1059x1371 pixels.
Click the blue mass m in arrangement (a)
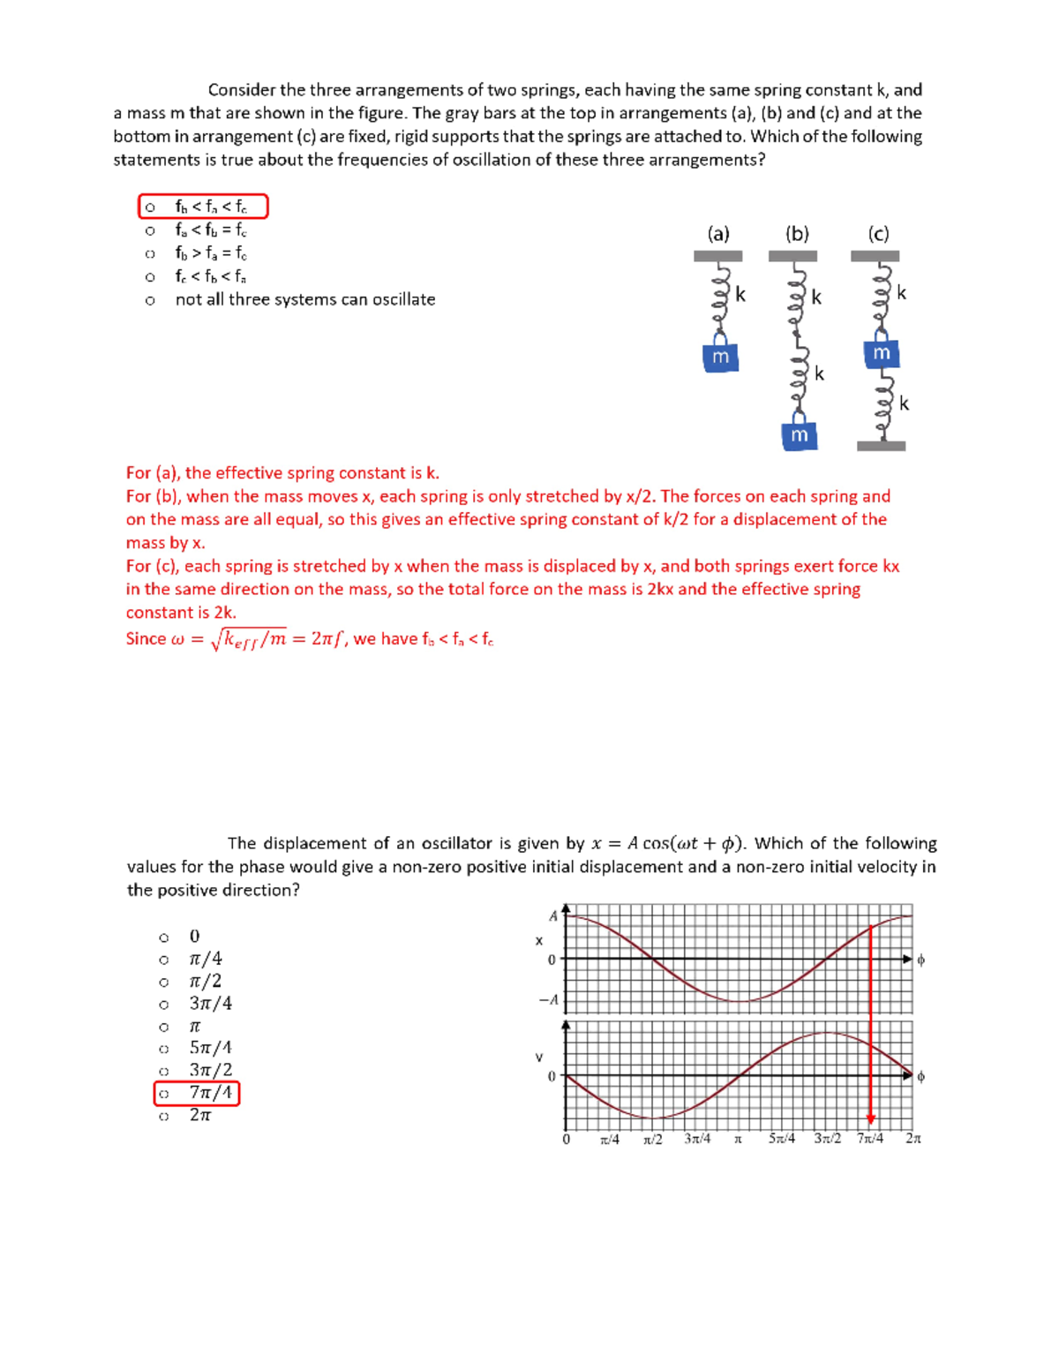point(720,356)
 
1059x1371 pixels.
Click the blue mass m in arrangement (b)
point(799,435)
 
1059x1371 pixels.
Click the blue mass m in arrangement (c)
point(881,353)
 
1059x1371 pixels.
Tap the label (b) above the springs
point(797,234)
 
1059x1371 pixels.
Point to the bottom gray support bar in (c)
point(881,446)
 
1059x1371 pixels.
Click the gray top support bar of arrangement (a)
point(717,256)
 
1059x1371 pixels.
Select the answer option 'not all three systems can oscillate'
point(304,300)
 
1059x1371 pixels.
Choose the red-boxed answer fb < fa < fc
point(210,207)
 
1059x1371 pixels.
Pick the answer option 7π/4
point(210,1093)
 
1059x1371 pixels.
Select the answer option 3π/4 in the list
point(210,1004)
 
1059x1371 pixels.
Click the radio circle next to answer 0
point(163,938)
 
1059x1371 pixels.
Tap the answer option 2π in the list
point(200,1116)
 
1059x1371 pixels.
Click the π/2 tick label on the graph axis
point(653,1140)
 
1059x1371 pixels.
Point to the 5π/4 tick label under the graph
point(781,1139)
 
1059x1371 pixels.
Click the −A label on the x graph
point(549,1000)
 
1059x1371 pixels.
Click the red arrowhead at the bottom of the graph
point(871,1119)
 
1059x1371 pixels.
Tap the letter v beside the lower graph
point(539,1057)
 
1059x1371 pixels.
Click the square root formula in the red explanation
point(250,639)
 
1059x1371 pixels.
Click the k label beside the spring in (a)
point(740,295)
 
